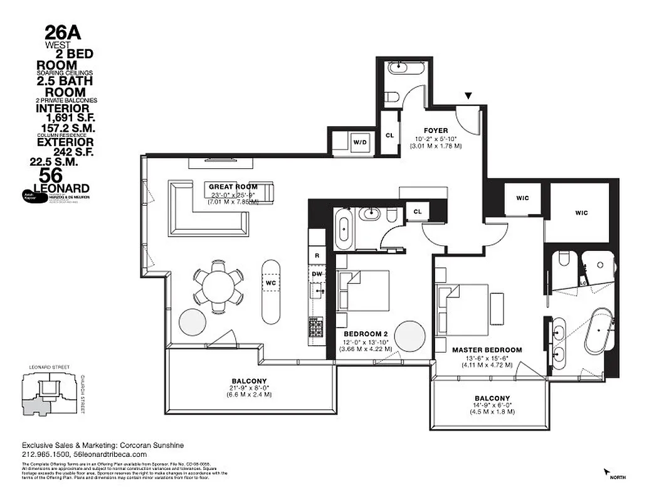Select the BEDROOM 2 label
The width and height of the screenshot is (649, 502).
coord(366,334)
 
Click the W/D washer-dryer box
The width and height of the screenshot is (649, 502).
coord(360,142)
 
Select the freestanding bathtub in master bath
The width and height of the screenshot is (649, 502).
coord(600,331)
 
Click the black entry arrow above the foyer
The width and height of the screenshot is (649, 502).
coord(468,96)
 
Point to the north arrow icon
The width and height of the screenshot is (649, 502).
coord(607,471)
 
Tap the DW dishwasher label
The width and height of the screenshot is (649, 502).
coord(317,274)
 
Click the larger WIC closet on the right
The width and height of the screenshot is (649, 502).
coord(581,213)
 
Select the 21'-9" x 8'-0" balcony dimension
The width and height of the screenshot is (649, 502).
coord(249,388)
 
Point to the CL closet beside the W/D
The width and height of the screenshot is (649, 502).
coord(389,134)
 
